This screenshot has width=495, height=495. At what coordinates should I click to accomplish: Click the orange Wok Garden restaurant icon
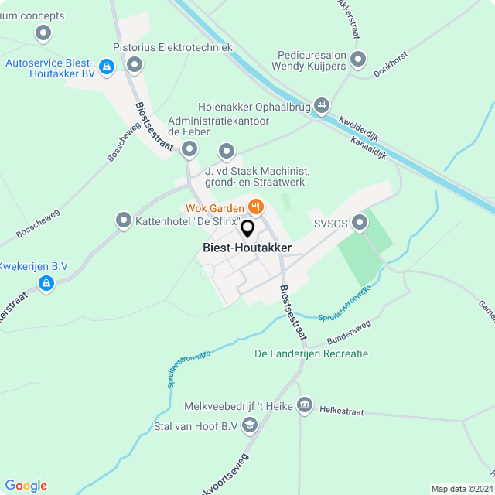click(x=254, y=207)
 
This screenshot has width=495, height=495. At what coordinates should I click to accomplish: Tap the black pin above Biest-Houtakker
click(x=247, y=228)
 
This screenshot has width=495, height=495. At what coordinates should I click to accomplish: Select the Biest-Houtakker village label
click(x=247, y=247)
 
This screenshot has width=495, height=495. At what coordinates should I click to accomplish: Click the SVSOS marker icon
click(x=360, y=223)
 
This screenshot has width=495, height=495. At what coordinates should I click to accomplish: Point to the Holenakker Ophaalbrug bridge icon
click(x=322, y=105)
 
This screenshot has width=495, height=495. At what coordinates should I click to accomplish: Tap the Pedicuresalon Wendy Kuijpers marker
click(x=357, y=59)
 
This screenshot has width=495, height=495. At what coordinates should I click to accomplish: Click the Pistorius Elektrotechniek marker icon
click(x=135, y=64)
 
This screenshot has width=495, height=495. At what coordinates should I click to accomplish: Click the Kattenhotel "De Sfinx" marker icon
click(x=123, y=221)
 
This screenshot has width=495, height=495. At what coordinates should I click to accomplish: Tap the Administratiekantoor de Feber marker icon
click(x=227, y=150)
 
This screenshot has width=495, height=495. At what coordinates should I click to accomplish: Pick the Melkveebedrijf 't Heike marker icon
click(x=305, y=404)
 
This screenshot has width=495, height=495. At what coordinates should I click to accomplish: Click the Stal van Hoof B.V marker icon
click(x=250, y=425)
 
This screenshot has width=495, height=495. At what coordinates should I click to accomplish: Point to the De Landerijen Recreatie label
click(x=312, y=354)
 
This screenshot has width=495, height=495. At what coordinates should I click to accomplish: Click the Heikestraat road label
click(x=341, y=412)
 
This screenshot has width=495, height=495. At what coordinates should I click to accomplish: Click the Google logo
click(x=26, y=486)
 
